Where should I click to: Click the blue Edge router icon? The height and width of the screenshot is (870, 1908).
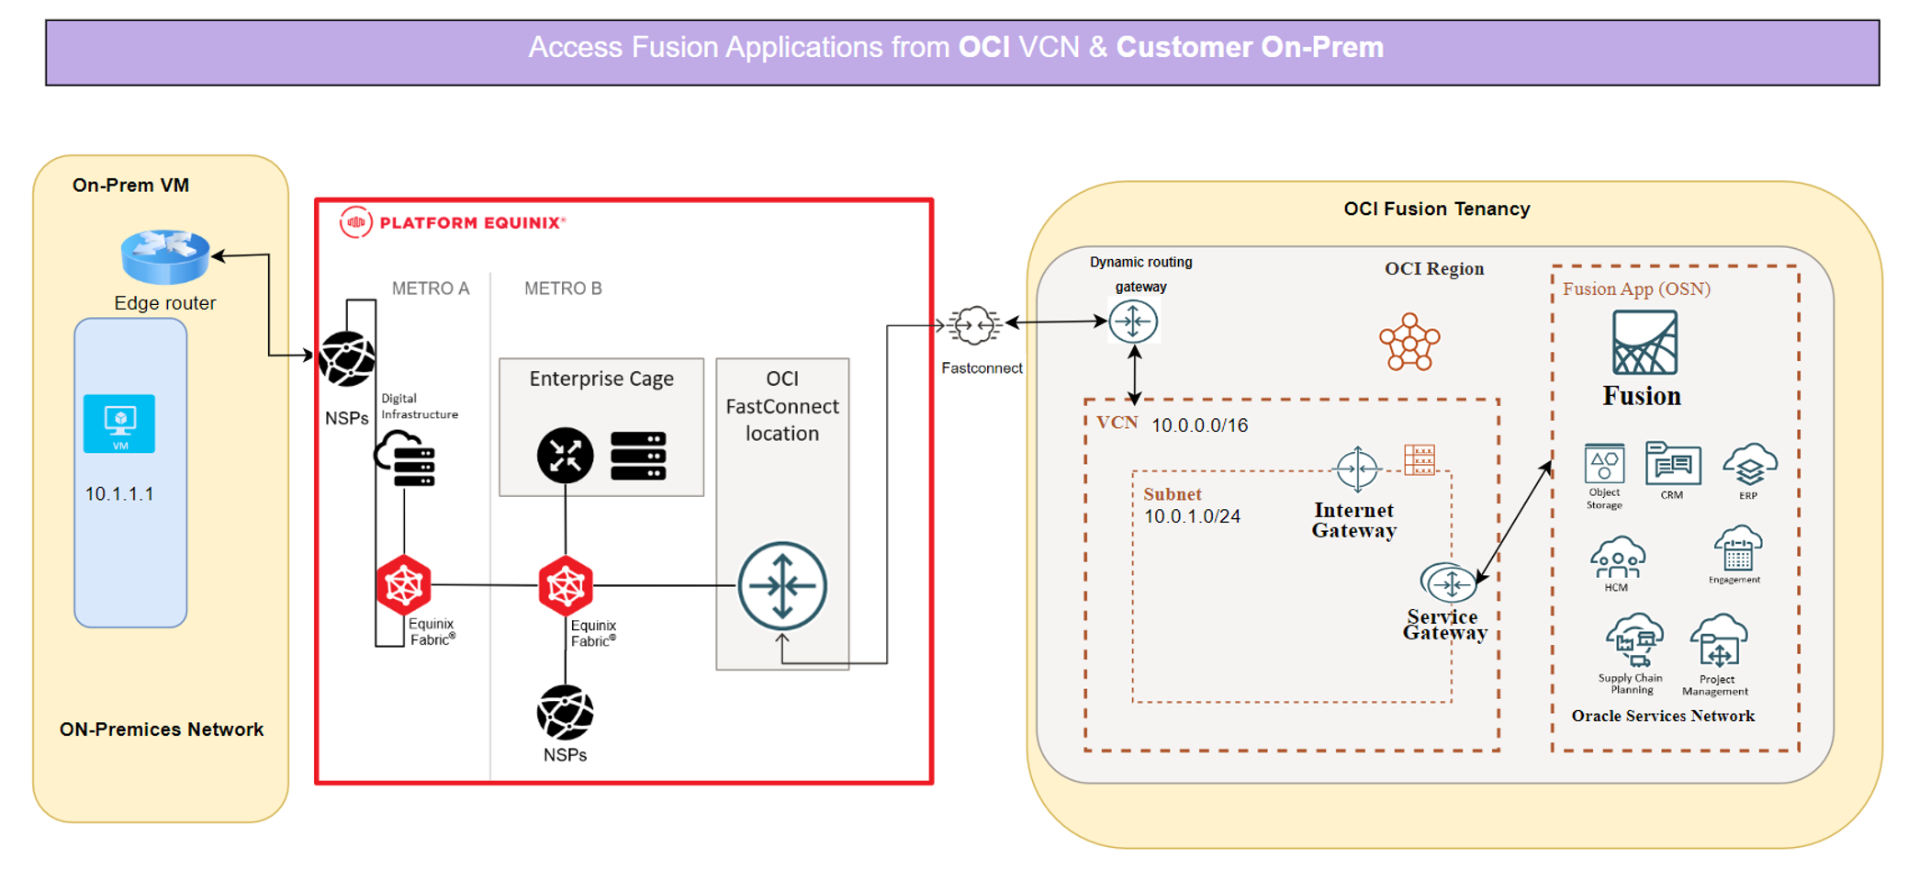165,256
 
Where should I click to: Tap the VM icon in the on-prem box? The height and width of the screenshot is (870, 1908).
119,424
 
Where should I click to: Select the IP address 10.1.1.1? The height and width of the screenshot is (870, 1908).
119,494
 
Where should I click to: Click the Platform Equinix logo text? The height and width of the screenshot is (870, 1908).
472,223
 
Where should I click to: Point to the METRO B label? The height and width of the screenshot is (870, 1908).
563,288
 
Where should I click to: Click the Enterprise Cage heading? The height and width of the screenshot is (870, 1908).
601,379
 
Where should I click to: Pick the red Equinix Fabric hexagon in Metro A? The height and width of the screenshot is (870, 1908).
404,585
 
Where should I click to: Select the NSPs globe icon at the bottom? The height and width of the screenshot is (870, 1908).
565,713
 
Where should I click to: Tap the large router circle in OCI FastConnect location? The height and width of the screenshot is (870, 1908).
782,586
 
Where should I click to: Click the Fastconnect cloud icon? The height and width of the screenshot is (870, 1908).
974,325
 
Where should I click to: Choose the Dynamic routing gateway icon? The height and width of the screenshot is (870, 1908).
1133,322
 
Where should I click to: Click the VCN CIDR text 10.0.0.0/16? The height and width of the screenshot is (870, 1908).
1199,425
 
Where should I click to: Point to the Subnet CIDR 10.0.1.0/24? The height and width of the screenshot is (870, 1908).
1192,516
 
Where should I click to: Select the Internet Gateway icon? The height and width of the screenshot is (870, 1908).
1357,469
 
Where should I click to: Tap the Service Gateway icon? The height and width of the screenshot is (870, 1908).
1449,583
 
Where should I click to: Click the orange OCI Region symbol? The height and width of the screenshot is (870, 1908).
1409,343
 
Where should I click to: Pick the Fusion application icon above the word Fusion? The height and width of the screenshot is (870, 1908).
1644,343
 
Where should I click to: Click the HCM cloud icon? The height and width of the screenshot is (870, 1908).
1617,558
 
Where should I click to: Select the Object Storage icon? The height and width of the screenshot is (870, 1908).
1604,464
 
